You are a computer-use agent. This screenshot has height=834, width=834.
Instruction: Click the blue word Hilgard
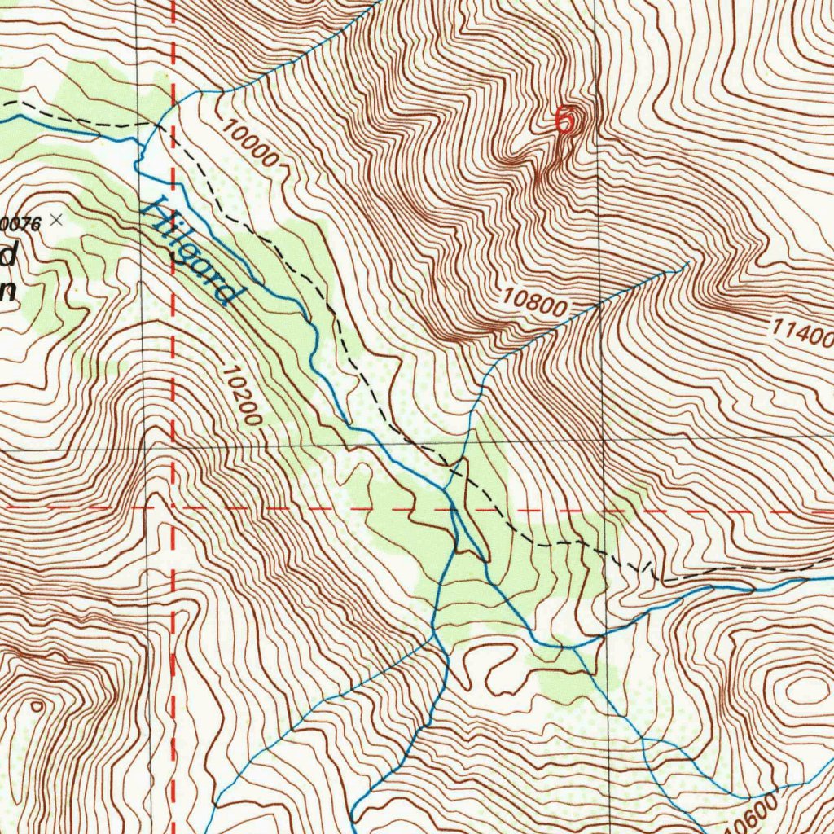194,251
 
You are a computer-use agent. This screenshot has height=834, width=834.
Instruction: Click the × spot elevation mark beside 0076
55,219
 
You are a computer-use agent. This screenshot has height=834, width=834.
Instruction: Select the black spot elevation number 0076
23,221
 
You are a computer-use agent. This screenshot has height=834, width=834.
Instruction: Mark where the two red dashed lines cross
173,508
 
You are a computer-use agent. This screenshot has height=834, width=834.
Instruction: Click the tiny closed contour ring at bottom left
36,707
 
